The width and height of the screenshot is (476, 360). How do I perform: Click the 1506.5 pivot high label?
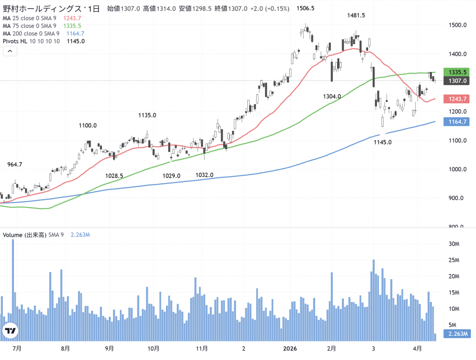305,8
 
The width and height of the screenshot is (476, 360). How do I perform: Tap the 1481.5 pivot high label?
356,15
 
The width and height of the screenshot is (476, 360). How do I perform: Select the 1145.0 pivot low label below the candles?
383,142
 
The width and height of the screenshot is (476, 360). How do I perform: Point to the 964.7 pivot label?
15,164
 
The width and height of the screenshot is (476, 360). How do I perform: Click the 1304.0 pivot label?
332,96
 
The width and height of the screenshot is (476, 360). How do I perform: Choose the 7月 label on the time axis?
17,347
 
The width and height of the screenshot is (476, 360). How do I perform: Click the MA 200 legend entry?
31,33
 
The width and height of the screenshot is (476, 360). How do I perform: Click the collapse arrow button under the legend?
10,52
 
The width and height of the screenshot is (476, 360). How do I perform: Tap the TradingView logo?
10,331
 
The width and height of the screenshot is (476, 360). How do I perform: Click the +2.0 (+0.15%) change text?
269,9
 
